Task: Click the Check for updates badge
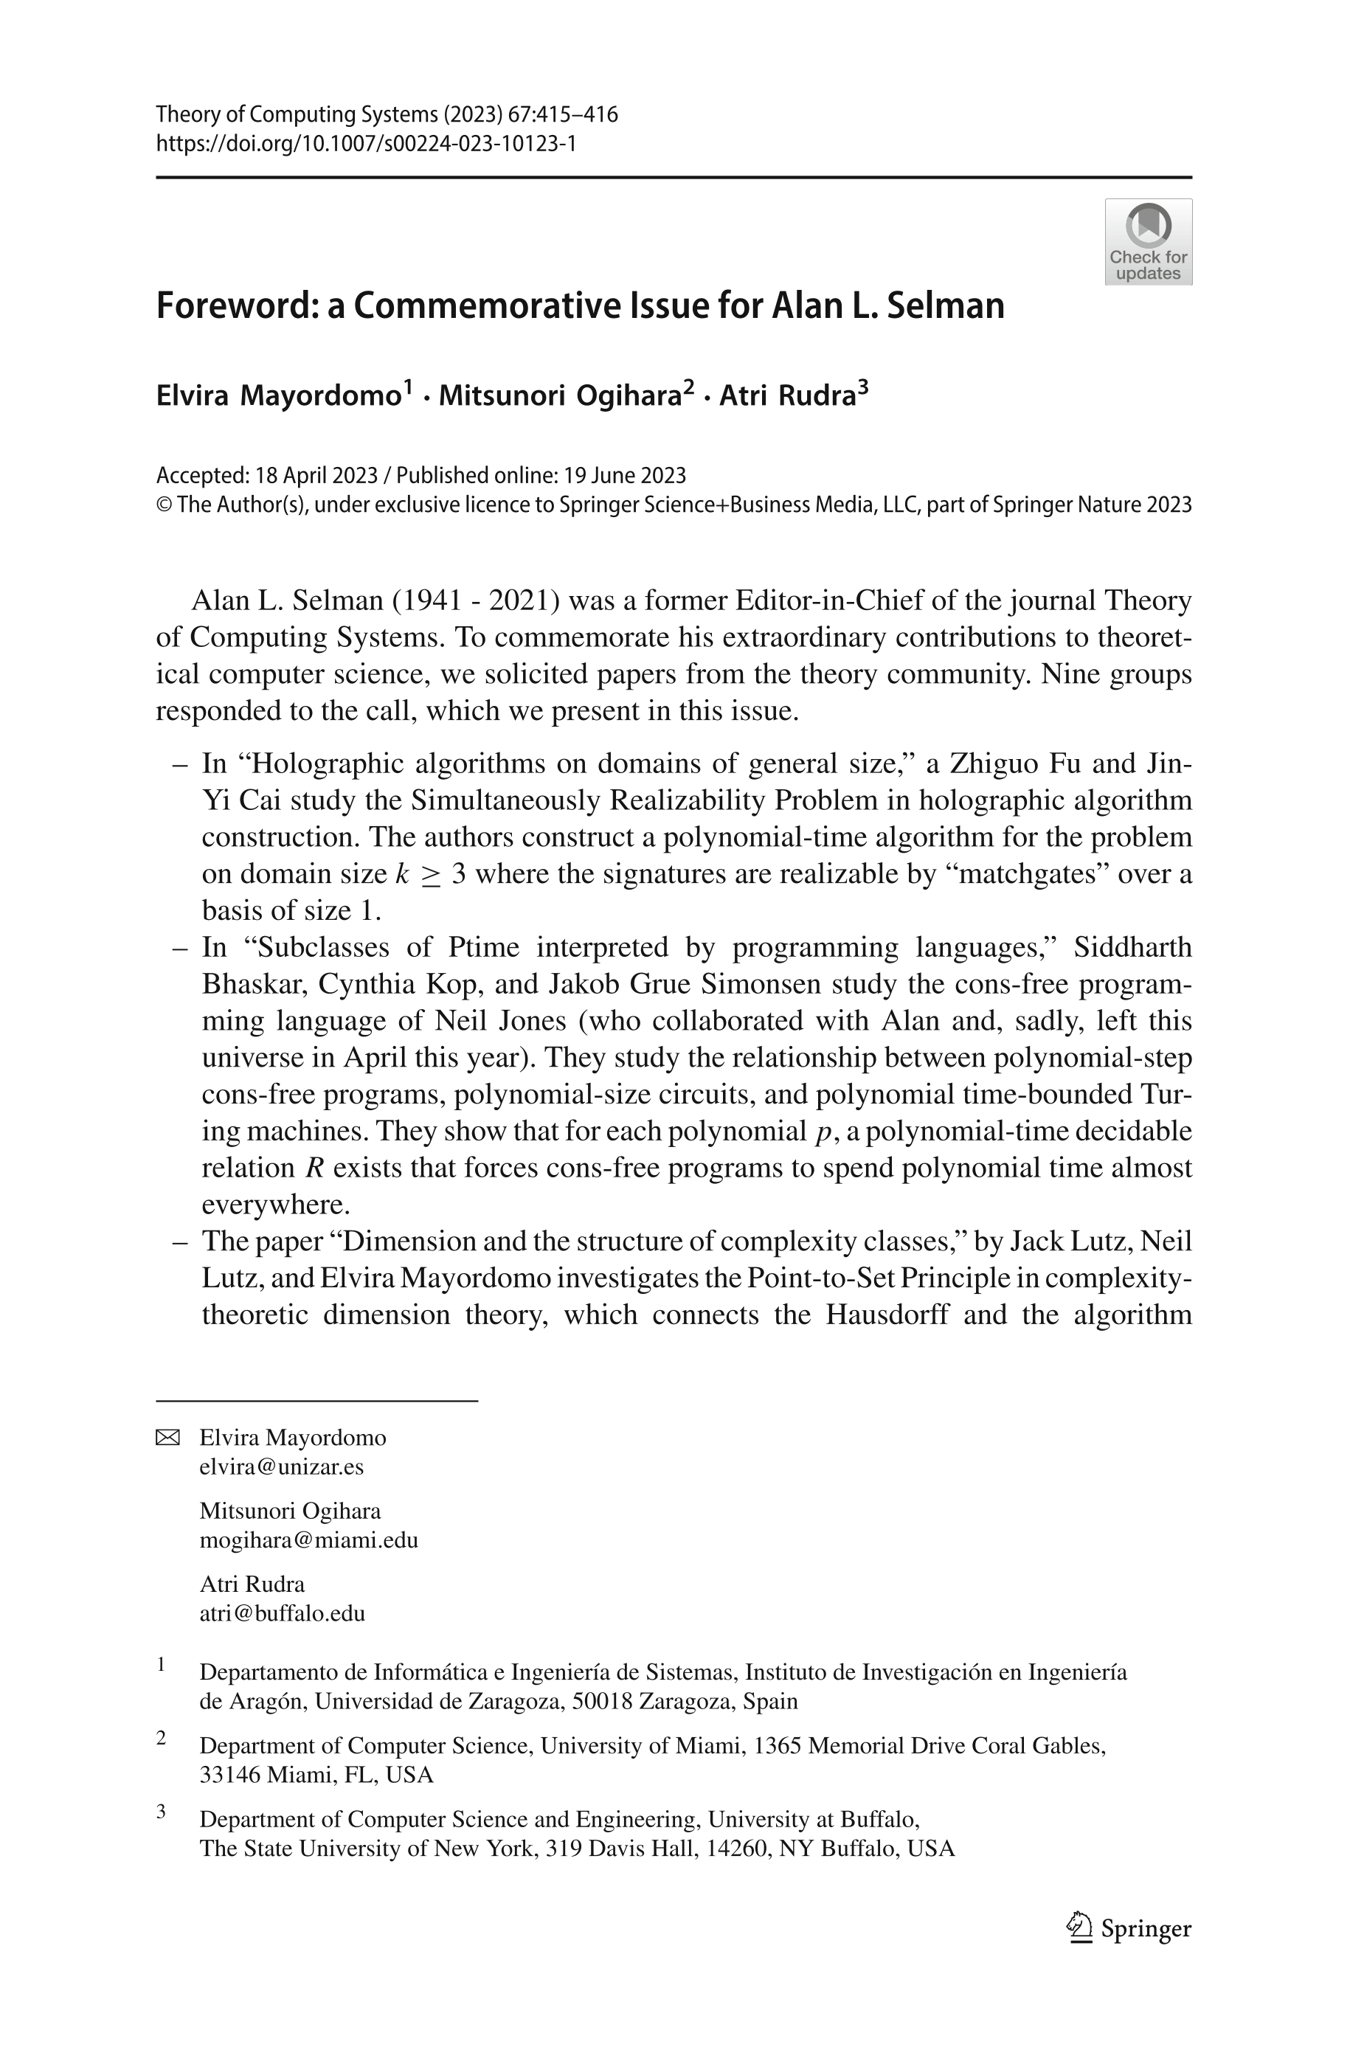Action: [x=1148, y=242]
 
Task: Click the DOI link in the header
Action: [x=365, y=143]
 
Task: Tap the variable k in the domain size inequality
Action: [x=401, y=873]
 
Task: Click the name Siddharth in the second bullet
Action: [x=1132, y=947]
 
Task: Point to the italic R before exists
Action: [x=314, y=1168]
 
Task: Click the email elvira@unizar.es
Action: [x=282, y=1466]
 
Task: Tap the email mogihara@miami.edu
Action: [x=308, y=1540]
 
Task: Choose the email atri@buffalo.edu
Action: [x=283, y=1613]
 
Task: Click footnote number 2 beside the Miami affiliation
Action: [x=161, y=1738]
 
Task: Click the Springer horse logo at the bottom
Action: [x=1079, y=1927]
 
